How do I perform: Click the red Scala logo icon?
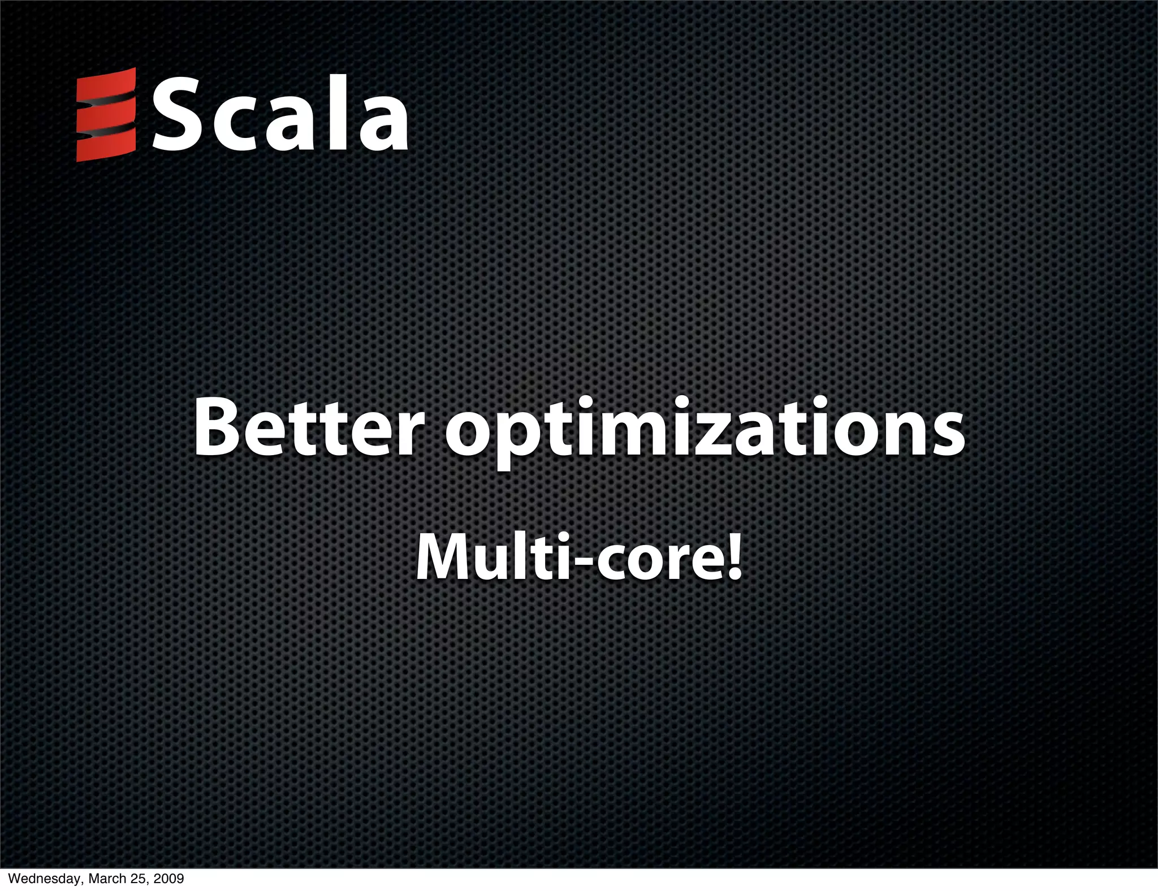(x=106, y=115)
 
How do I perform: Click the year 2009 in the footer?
(x=169, y=879)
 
